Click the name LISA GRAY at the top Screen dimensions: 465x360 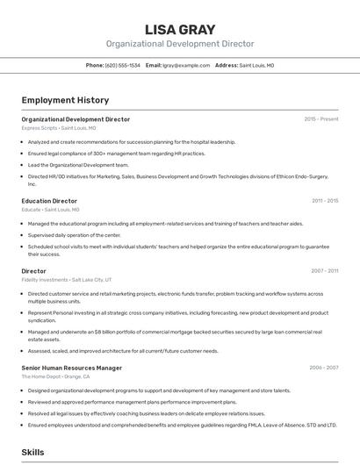pos(179,29)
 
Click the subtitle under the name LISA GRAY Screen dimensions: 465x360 pos(179,44)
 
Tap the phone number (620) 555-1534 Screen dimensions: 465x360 pos(122,66)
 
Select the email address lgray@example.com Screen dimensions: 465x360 pos(186,66)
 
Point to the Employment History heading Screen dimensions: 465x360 pos(65,100)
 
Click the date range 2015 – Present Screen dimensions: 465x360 pos(320,119)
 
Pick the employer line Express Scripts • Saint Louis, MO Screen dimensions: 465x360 pos(59,128)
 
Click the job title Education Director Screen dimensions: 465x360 pos(49,201)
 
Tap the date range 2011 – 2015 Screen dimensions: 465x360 pos(325,201)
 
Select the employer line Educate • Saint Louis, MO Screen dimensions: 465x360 pos(50,210)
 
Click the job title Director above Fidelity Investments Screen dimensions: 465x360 pos(34,271)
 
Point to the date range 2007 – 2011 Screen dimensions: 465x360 pos(325,271)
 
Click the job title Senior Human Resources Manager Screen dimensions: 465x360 pos(72,368)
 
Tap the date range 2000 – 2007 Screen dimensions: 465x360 pos(324,368)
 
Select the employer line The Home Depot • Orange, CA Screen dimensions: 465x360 pos(55,376)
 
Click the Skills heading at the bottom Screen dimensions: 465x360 pos(33,452)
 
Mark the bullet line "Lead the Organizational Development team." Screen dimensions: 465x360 pos(78,165)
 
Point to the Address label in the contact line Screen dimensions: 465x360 pos(227,66)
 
